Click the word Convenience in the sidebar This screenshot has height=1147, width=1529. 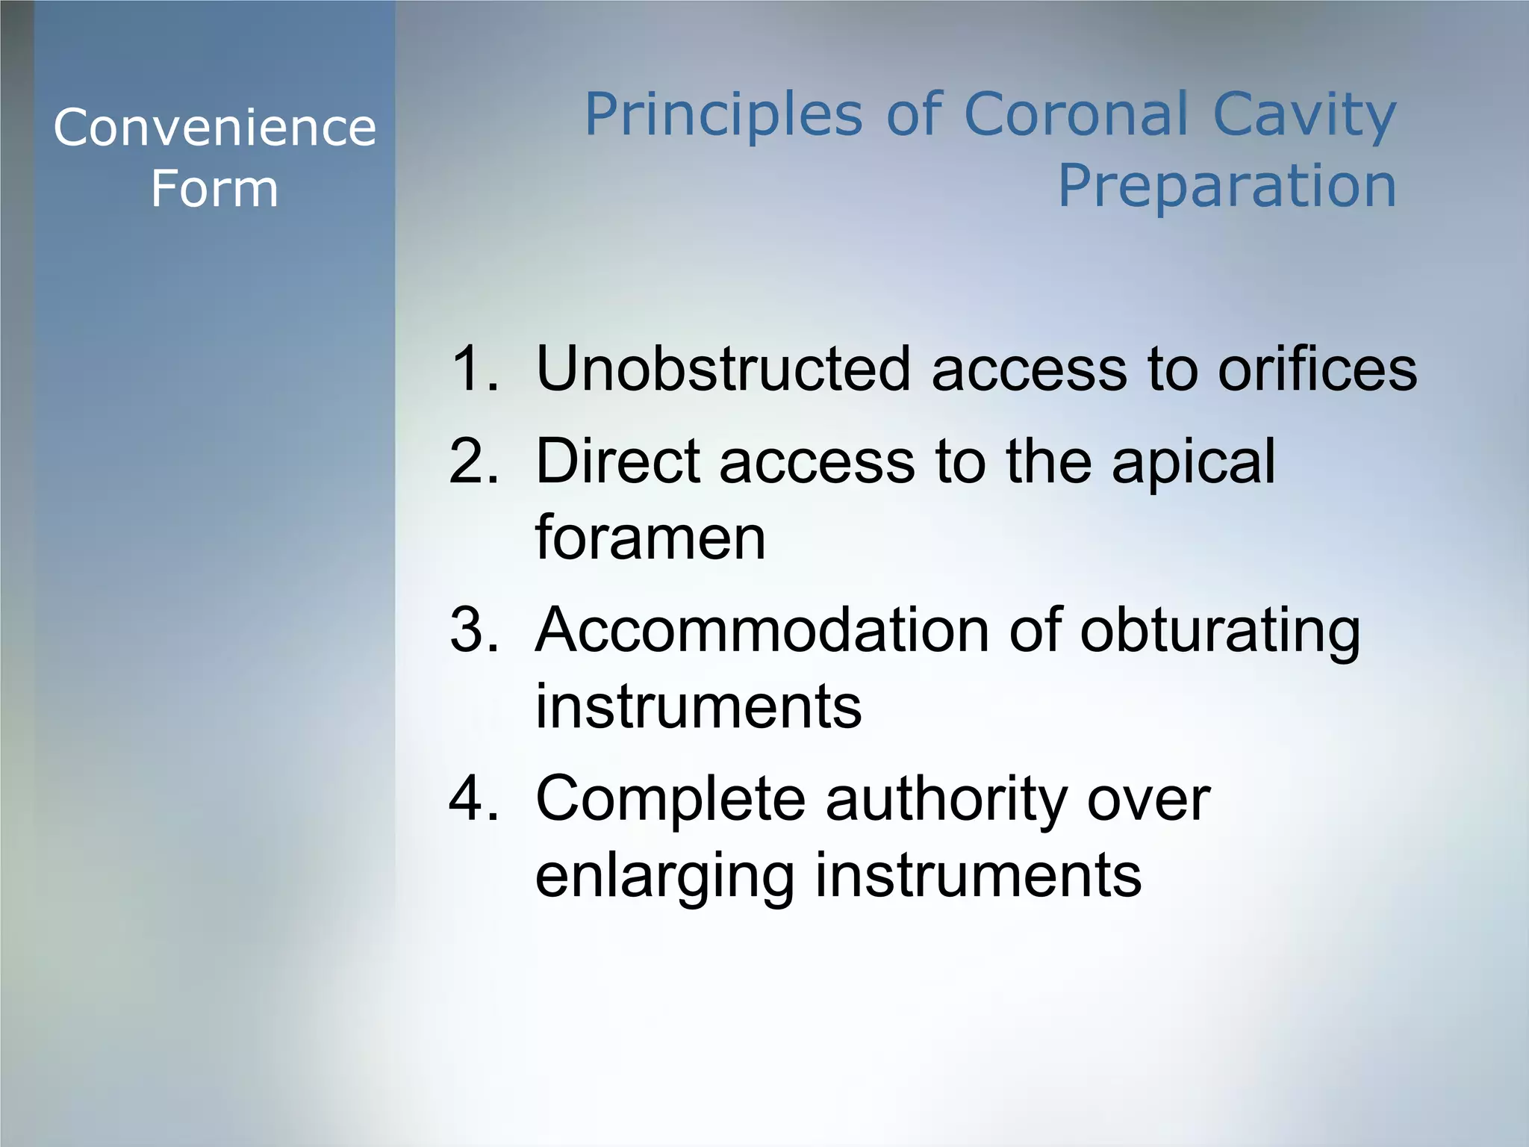[214, 128]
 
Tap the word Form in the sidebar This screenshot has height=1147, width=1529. [214, 188]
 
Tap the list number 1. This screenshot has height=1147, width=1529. [473, 368]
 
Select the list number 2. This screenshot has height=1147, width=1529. [473, 461]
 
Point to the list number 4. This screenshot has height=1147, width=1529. [473, 798]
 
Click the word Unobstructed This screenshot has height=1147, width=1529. [723, 368]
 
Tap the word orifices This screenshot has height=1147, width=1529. [1317, 368]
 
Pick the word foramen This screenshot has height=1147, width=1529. [650, 538]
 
